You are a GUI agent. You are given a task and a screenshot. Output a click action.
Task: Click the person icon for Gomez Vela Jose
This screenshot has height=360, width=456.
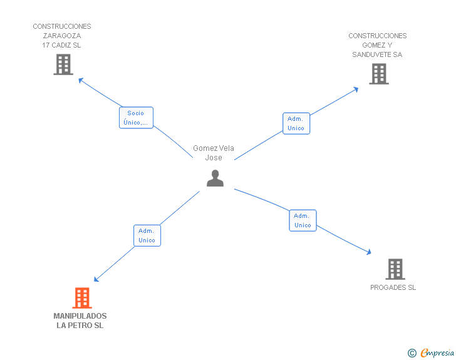click(215, 178)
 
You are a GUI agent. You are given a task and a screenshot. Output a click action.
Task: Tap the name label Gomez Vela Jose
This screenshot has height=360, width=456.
click(213, 153)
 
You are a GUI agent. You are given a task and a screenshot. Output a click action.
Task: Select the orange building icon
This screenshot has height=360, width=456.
click(82, 298)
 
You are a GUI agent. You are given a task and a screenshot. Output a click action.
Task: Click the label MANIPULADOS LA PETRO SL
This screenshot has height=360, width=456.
click(80, 321)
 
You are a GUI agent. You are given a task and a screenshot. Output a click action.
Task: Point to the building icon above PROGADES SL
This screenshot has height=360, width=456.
click(395, 269)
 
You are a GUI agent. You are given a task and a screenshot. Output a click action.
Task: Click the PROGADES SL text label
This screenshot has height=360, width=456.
click(393, 288)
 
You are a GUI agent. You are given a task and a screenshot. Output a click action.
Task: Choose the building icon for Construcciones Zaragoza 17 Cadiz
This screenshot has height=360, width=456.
click(63, 64)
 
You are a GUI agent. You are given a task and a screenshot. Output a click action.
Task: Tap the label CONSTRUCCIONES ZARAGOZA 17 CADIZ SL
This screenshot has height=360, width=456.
click(62, 36)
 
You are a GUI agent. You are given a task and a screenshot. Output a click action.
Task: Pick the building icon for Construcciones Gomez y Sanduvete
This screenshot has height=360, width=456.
click(378, 74)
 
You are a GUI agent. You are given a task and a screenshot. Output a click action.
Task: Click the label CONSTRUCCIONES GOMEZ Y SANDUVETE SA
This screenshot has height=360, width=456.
click(377, 45)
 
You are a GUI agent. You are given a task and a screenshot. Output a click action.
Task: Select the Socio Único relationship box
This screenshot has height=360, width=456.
click(136, 118)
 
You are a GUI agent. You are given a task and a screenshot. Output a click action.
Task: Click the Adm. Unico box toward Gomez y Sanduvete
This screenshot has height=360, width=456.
click(296, 123)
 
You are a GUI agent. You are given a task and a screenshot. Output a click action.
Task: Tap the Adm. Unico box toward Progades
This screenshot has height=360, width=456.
click(303, 220)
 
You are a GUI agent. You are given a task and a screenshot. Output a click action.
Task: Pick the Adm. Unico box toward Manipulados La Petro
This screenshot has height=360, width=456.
click(147, 235)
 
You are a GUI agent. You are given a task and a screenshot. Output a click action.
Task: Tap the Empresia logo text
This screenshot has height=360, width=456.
click(438, 353)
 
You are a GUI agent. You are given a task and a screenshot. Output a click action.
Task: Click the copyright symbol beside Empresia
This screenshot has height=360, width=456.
click(412, 354)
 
